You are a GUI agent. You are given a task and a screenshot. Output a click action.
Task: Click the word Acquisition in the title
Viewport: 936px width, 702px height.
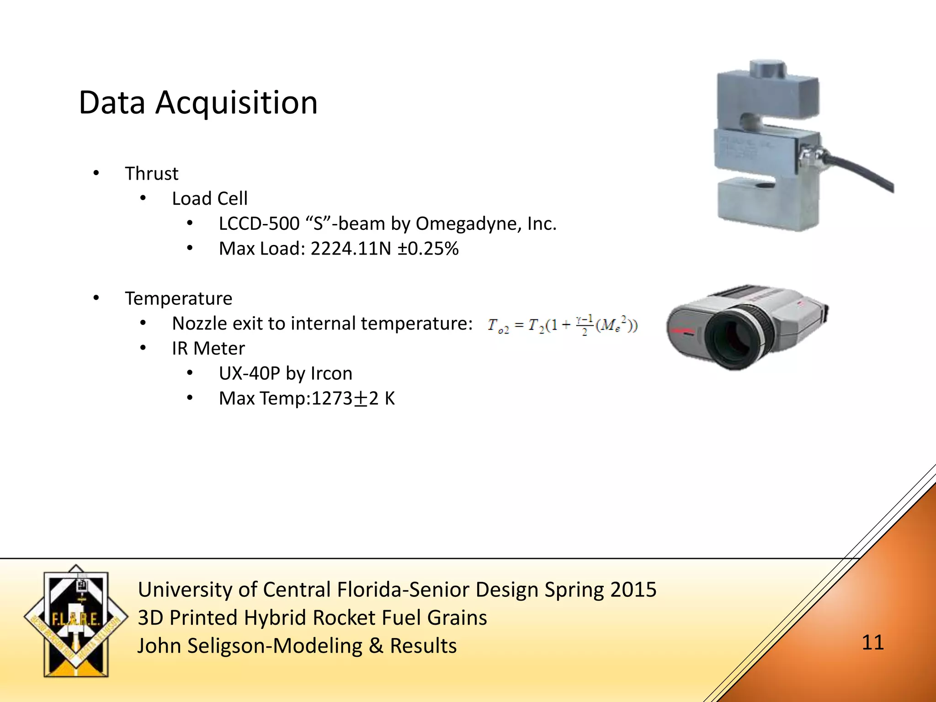[236, 103]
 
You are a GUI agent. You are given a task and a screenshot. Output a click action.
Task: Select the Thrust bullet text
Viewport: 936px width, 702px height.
[152, 174]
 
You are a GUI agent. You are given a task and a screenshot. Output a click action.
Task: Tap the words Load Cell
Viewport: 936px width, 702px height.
[210, 199]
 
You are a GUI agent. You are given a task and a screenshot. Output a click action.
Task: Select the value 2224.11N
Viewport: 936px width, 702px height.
[351, 249]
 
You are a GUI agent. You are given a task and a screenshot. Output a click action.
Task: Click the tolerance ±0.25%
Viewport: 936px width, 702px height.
[428, 249]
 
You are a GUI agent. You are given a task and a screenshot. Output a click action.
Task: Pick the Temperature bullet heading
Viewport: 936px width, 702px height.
[179, 298]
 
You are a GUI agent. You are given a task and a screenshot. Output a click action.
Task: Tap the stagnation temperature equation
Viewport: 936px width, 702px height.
[562, 325]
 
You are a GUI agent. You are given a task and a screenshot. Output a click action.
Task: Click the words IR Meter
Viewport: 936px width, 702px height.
[208, 349]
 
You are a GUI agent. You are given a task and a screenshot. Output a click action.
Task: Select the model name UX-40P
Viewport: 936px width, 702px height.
[249, 374]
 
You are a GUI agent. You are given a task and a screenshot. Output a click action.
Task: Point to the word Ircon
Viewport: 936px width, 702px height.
[331, 374]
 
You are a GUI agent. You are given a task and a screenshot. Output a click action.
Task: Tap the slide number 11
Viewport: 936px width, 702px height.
[872, 643]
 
